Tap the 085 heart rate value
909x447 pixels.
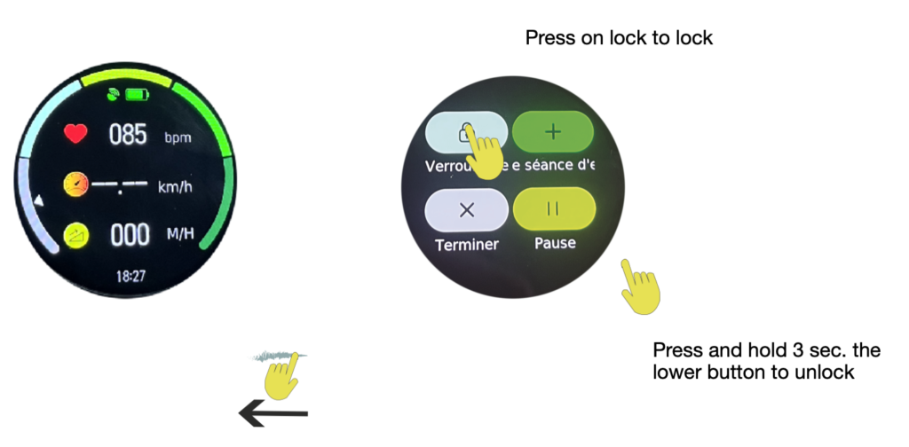point(127,136)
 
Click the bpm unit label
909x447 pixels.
point(178,138)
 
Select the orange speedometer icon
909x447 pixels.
point(76,185)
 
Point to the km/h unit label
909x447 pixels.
point(174,188)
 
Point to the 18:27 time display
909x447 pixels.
point(130,277)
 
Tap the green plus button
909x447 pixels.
point(552,132)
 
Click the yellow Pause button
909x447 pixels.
point(552,209)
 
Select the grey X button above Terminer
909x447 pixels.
point(468,210)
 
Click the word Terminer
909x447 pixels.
point(467,244)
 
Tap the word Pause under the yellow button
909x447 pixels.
point(555,243)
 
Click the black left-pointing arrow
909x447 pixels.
point(273,412)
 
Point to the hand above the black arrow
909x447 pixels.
point(284,372)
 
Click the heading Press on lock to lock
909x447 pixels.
point(620,38)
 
